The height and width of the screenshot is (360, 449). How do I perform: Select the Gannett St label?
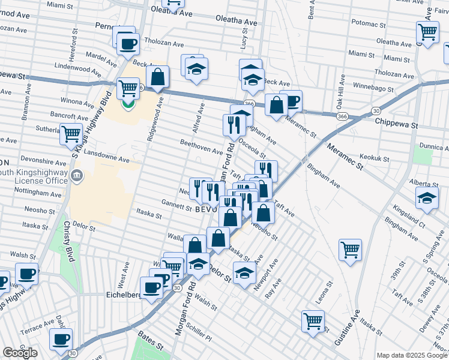click(176, 202)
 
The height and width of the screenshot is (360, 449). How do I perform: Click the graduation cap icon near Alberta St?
click(427, 197)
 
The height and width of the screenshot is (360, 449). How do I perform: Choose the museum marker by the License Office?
click(77, 175)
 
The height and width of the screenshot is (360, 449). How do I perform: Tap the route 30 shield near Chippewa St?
click(376, 111)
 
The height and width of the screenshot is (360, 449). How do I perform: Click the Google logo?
click(20, 353)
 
